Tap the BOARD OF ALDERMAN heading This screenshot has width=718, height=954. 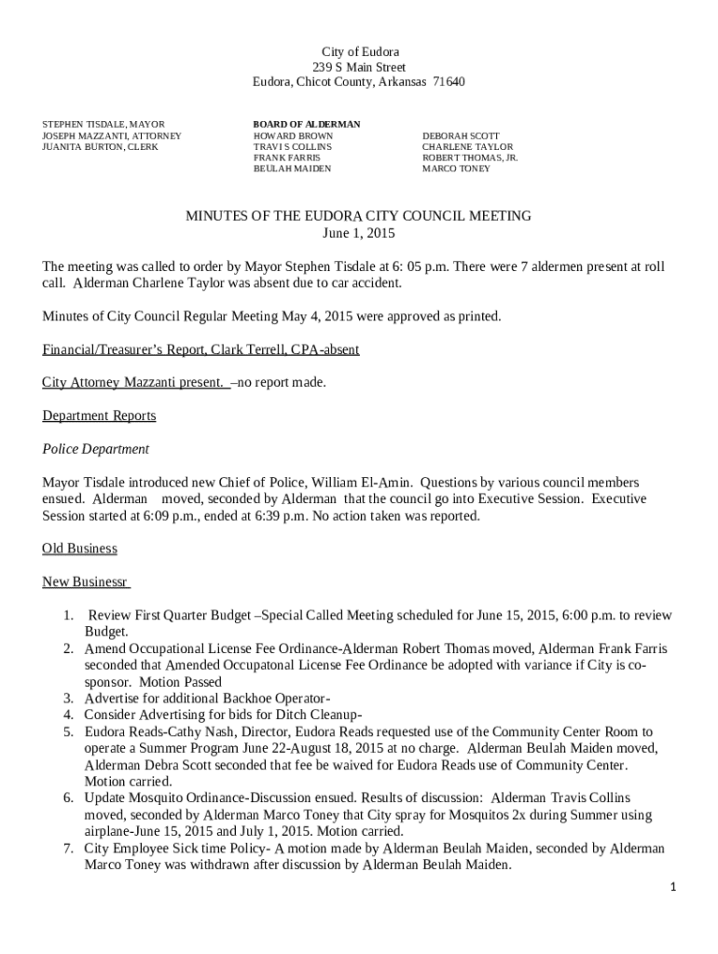point(307,124)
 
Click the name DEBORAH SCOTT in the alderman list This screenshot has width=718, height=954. point(461,136)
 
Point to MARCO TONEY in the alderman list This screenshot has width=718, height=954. point(456,170)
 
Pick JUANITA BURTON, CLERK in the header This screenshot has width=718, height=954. point(100,147)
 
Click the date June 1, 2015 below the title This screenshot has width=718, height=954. point(359,233)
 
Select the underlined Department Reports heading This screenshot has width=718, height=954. point(99,416)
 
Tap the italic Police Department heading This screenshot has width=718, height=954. point(95,449)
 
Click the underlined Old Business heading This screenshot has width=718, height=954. point(79,549)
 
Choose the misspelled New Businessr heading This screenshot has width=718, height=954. point(86,582)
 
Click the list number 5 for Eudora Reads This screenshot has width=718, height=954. point(68,732)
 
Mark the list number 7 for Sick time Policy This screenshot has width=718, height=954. point(68,849)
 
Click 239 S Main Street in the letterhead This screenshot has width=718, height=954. point(359,68)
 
